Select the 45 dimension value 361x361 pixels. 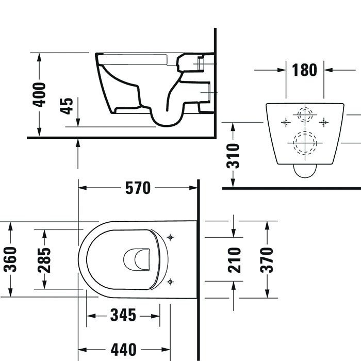coord(67,106)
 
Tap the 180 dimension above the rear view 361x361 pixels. coord(305,70)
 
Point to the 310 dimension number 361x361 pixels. coord(234,156)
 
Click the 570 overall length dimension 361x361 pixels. coord(138,188)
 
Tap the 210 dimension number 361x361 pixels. coord(234,259)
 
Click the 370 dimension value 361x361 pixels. coord(267,259)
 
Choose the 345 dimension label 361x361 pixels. coord(122,314)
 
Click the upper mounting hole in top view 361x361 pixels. coord(171,237)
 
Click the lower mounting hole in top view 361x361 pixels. coord(171,282)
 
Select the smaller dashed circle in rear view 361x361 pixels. coord(305,114)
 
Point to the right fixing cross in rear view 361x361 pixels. coord(324,122)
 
